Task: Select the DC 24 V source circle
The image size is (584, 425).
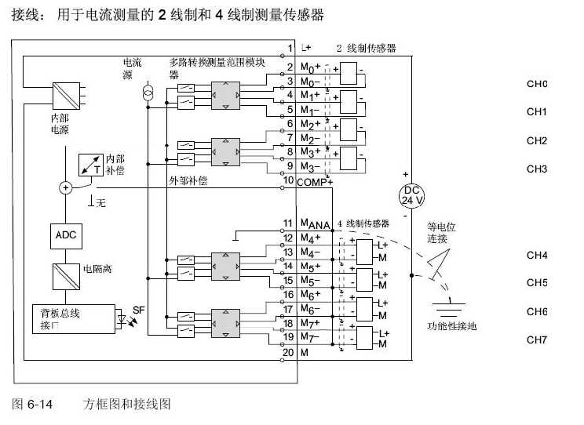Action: point(411,195)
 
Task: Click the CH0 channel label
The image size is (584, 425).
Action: point(536,84)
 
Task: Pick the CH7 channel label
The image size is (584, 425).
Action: point(536,340)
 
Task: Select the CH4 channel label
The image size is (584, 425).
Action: point(536,255)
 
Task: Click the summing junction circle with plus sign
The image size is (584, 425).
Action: point(65,187)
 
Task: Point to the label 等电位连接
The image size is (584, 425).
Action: point(442,232)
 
